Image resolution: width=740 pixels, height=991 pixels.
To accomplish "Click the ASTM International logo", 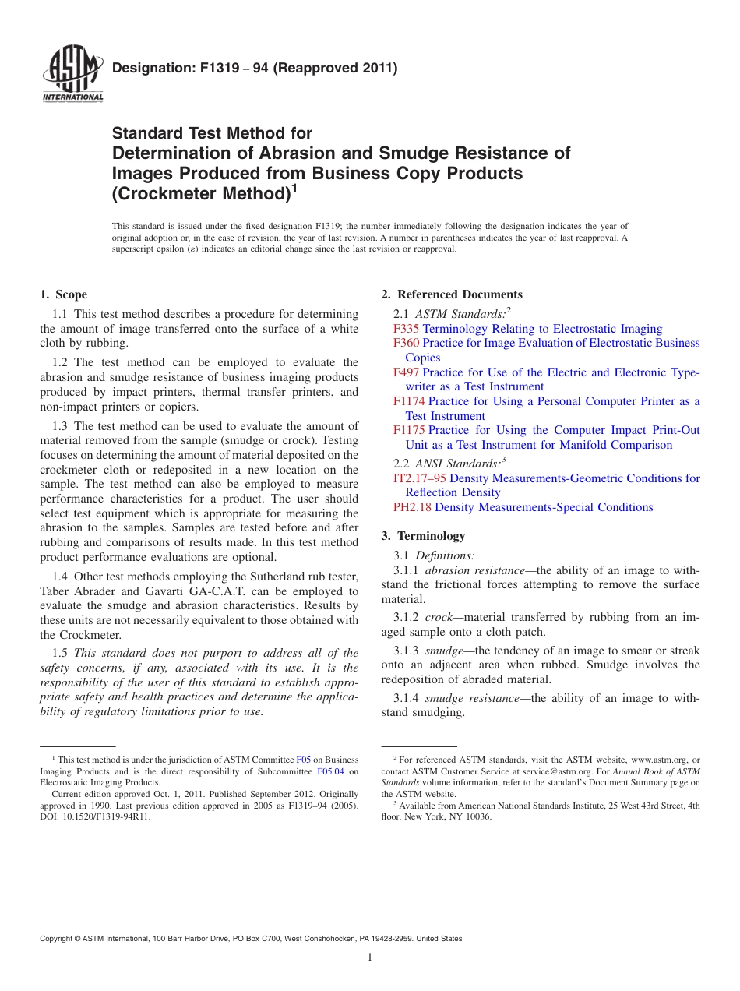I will [x=72, y=74].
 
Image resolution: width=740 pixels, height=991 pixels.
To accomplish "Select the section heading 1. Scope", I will [x=63, y=294].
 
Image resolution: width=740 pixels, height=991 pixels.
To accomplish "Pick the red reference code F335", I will [x=406, y=329].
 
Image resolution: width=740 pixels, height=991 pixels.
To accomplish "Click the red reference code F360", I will [x=406, y=343].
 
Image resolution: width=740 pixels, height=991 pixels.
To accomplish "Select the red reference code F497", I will [x=406, y=372].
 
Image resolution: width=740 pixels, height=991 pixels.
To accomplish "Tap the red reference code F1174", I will [x=409, y=401].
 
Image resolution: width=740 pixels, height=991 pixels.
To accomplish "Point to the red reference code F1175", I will [x=409, y=430].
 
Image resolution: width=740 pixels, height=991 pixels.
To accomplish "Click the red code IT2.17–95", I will [x=420, y=478].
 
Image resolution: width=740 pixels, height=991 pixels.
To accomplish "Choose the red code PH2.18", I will [x=412, y=507].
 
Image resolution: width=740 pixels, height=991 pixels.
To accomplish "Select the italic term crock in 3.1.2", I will [x=439, y=617].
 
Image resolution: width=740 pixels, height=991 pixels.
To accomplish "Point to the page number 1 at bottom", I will [x=370, y=957].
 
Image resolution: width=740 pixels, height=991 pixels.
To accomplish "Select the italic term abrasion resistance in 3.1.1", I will [x=475, y=570].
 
